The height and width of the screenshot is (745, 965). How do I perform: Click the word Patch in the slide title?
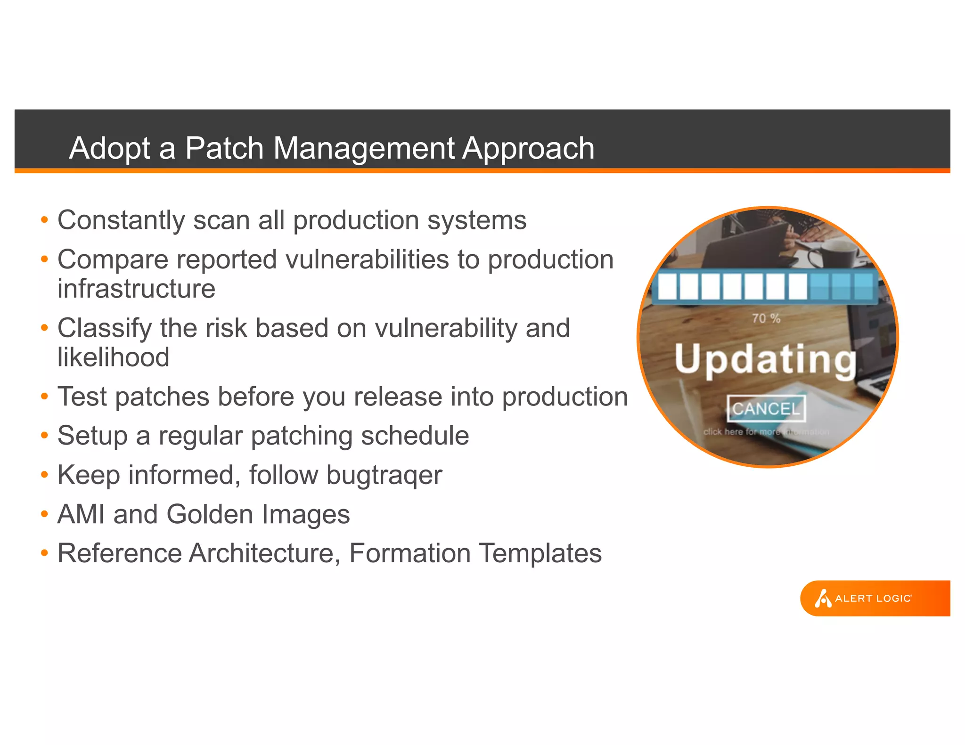pos(224,148)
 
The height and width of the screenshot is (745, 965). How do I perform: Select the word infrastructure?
pos(136,289)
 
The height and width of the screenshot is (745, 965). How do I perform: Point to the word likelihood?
pos(113,357)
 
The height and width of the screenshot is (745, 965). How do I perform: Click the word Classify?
pos(104,329)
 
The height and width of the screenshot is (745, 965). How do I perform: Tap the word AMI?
pos(81,514)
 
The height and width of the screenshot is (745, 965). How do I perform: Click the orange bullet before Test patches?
pos(44,397)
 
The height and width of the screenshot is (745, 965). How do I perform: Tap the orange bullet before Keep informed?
pos(44,475)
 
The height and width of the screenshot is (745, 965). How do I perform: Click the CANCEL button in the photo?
pos(766,409)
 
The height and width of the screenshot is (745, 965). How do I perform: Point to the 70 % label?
pos(766,319)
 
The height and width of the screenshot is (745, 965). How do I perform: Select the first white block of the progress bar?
pos(667,286)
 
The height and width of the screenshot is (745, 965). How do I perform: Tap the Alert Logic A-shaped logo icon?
pos(823,599)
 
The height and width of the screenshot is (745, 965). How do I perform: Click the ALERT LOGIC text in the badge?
pos(873,599)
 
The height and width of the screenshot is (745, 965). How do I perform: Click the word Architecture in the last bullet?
pos(264,553)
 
